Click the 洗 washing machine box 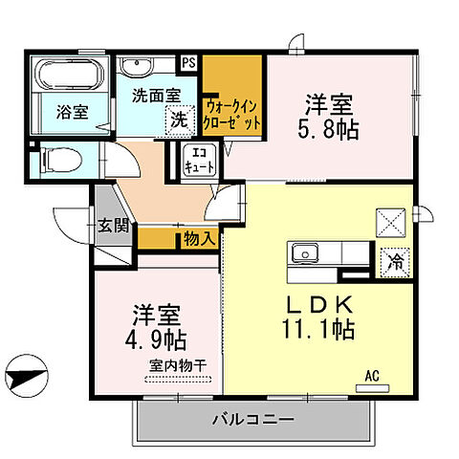coord(177,120)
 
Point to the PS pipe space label coord(188,64)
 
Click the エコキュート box coord(195,160)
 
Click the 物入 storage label coord(198,239)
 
